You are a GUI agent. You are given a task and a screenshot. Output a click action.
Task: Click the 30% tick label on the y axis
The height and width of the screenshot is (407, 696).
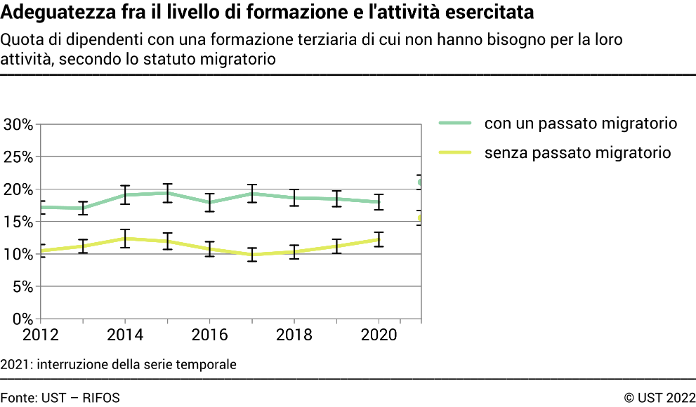click(x=18, y=125)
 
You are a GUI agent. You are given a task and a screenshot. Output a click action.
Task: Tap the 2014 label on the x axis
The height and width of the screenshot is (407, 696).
click(x=125, y=335)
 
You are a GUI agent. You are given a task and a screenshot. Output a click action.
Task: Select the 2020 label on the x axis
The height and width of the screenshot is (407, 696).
click(x=379, y=335)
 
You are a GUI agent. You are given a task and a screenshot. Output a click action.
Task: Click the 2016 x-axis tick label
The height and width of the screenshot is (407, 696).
click(x=210, y=335)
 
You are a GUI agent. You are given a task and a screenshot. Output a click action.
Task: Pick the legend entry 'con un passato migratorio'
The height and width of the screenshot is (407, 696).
click(x=580, y=124)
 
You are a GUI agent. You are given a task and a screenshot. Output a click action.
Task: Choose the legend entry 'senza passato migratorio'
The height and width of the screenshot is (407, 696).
click(x=577, y=152)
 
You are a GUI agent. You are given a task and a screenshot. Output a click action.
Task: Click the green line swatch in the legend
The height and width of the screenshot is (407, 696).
click(x=454, y=124)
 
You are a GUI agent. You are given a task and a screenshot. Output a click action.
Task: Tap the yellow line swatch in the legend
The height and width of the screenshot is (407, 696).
click(x=454, y=152)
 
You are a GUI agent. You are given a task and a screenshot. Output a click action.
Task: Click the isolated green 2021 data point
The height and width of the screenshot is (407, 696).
click(x=420, y=182)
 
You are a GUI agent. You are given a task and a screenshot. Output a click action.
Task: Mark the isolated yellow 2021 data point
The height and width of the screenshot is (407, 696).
click(x=420, y=219)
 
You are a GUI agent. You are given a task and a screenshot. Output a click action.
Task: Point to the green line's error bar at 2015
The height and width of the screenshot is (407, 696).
click(x=167, y=193)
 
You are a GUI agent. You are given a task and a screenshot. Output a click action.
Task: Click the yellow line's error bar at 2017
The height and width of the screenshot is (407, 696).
click(x=252, y=254)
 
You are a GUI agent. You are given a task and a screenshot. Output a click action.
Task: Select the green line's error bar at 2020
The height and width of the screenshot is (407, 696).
click(x=379, y=201)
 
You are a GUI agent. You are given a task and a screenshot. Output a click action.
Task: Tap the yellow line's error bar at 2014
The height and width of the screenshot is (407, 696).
click(x=125, y=239)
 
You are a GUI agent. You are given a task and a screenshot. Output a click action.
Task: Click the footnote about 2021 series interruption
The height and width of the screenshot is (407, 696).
click(x=119, y=364)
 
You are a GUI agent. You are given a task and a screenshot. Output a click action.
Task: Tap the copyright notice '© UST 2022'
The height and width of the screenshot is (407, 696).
click(x=659, y=398)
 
